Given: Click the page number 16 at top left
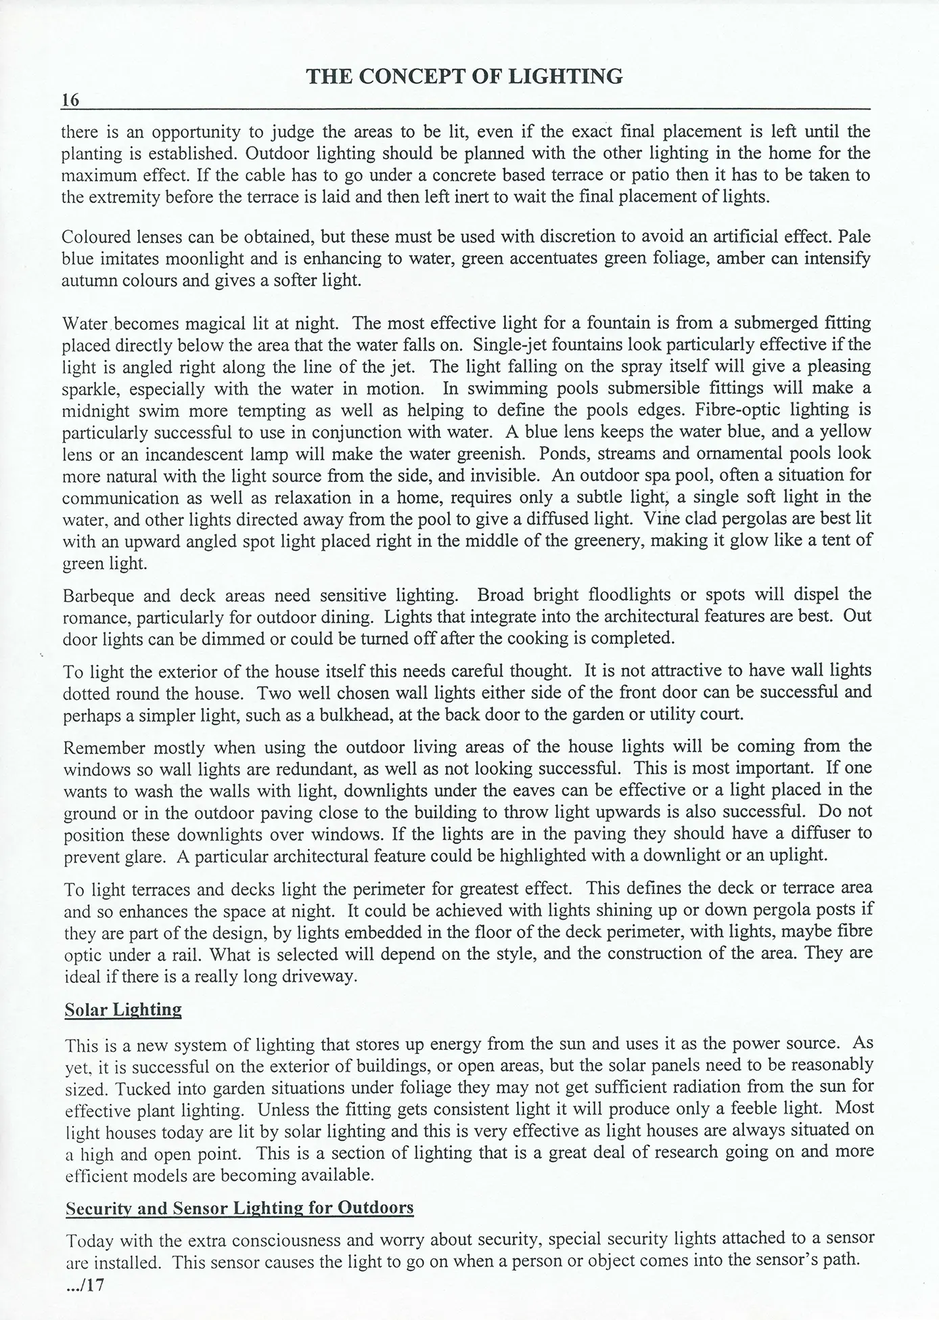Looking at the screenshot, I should coord(70,100).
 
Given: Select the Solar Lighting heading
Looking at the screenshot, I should coord(123,1010).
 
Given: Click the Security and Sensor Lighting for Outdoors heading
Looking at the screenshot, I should coord(239,1208).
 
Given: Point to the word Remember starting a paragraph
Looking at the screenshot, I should coord(104,748).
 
